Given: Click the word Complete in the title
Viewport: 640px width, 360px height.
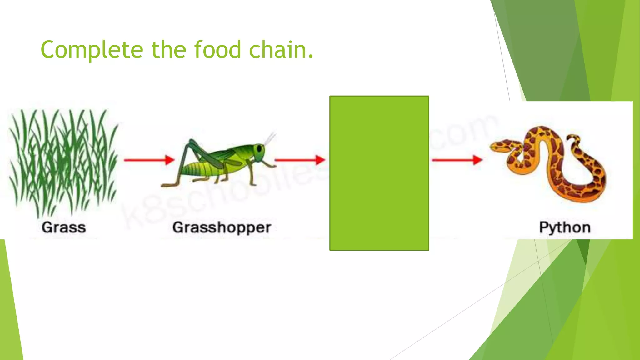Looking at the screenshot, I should click(x=92, y=50).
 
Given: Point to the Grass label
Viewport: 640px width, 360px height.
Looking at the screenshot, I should click(x=64, y=227).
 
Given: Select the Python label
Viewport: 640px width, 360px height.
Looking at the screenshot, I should click(x=565, y=227).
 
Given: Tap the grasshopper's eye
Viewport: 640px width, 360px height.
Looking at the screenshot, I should click(x=259, y=149).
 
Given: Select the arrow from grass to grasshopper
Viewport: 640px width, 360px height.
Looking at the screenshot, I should click(x=149, y=160).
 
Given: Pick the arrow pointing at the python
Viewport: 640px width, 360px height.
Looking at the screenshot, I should click(x=457, y=160).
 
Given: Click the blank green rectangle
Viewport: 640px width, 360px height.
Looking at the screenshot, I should click(x=379, y=173).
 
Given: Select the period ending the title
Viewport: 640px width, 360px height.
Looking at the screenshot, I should click(x=310, y=57).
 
